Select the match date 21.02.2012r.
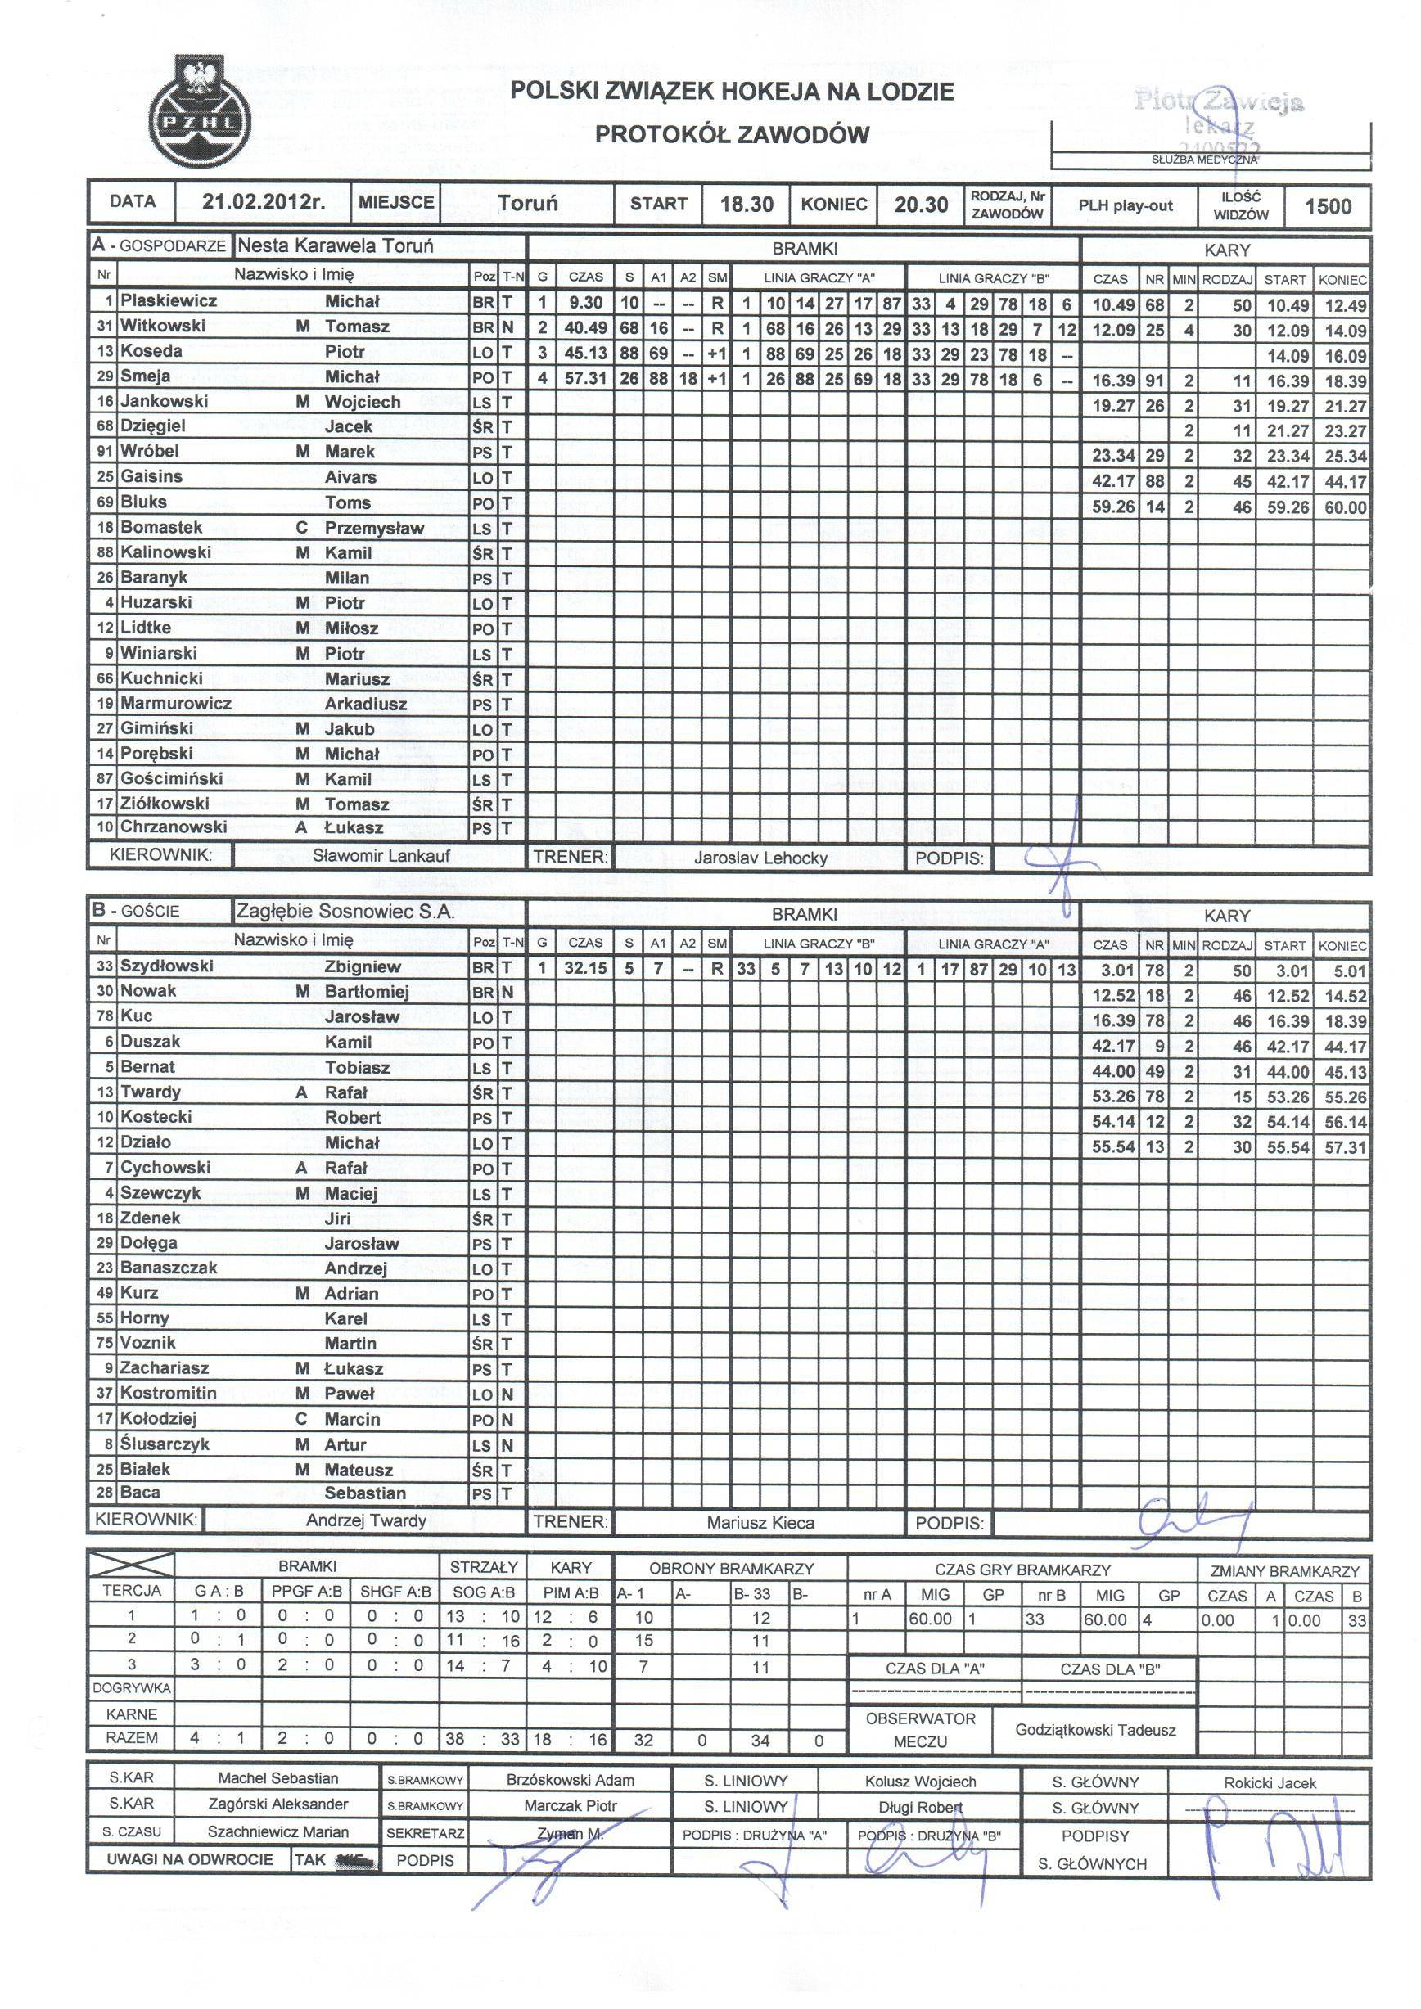pyautogui.click(x=264, y=204)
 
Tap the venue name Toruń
pyautogui.click(x=527, y=204)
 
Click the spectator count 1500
pyautogui.click(x=1328, y=206)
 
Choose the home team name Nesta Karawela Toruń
pyautogui.click(x=335, y=245)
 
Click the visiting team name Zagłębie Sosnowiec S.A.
pyautogui.click(x=345, y=911)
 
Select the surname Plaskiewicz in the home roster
pyautogui.click(x=169, y=301)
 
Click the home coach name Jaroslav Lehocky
pyautogui.click(x=760, y=858)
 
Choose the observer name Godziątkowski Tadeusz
pyautogui.click(x=1095, y=1730)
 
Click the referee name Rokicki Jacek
pyautogui.click(x=1270, y=1783)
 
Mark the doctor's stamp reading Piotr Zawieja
pyautogui.click(x=1219, y=101)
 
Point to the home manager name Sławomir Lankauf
pyautogui.click(x=381, y=856)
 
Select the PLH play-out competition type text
pyautogui.click(x=1126, y=206)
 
